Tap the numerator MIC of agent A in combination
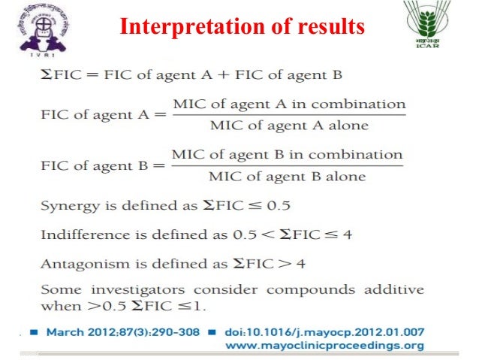[x=289, y=104]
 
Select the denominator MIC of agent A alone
[x=289, y=126]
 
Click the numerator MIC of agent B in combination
[x=288, y=155]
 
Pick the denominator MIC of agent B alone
[x=288, y=177]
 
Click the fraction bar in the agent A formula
[x=289, y=115]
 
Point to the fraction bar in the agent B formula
[x=288, y=166]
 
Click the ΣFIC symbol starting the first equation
[x=58, y=75]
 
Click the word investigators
[x=139, y=289]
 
